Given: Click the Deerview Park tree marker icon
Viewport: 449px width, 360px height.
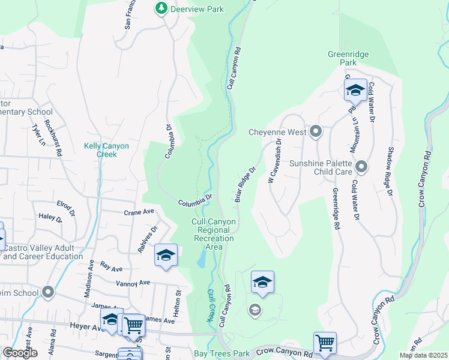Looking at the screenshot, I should (161, 8).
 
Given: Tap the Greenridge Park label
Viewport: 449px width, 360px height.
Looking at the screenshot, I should (348, 58).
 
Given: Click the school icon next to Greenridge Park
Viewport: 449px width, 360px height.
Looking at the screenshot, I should (355, 90).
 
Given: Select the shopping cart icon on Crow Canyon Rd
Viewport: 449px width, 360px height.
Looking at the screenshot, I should (325, 343).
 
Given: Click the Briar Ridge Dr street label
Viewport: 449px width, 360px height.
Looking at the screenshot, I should (246, 184).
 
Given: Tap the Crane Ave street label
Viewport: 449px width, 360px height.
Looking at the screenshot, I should (139, 212).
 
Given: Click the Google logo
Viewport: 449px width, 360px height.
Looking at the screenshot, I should (19, 353).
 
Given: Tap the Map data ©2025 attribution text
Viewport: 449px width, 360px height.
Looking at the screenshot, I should (423, 355).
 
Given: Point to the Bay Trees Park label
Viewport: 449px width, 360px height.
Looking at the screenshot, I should (221, 354).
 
